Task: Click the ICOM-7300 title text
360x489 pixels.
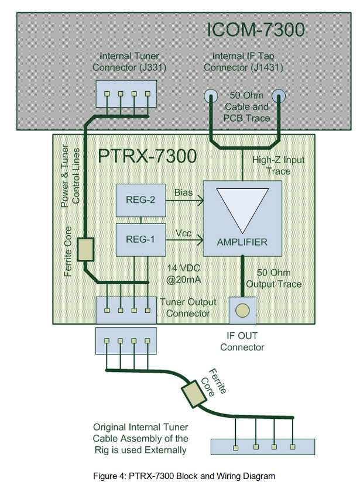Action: click(256, 29)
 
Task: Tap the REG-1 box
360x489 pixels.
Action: click(140, 239)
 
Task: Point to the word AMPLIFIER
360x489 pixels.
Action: click(242, 242)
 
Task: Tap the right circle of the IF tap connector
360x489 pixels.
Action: click(279, 97)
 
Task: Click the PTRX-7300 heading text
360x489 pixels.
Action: click(147, 157)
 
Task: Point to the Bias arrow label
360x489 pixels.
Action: click(183, 192)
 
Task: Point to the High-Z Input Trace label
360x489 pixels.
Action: click(279, 165)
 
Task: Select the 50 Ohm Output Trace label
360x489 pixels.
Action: click(273, 278)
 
